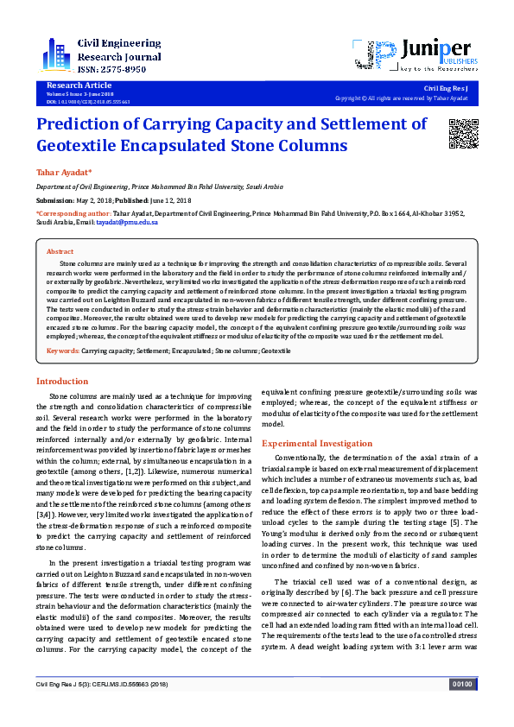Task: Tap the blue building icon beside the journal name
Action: pyautogui.click(x=57, y=54)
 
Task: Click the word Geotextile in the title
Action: pyautogui.click(x=88, y=145)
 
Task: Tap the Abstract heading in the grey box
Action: pyautogui.click(x=60, y=250)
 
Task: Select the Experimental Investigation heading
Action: pyautogui.click(x=317, y=442)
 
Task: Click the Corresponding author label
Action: pyautogui.click(x=73, y=212)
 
